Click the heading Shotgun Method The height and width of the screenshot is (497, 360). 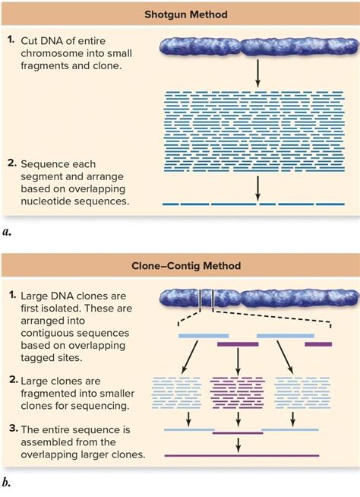180,13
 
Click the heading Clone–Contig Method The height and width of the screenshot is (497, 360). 180,267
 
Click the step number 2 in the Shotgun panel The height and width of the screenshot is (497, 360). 11,163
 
